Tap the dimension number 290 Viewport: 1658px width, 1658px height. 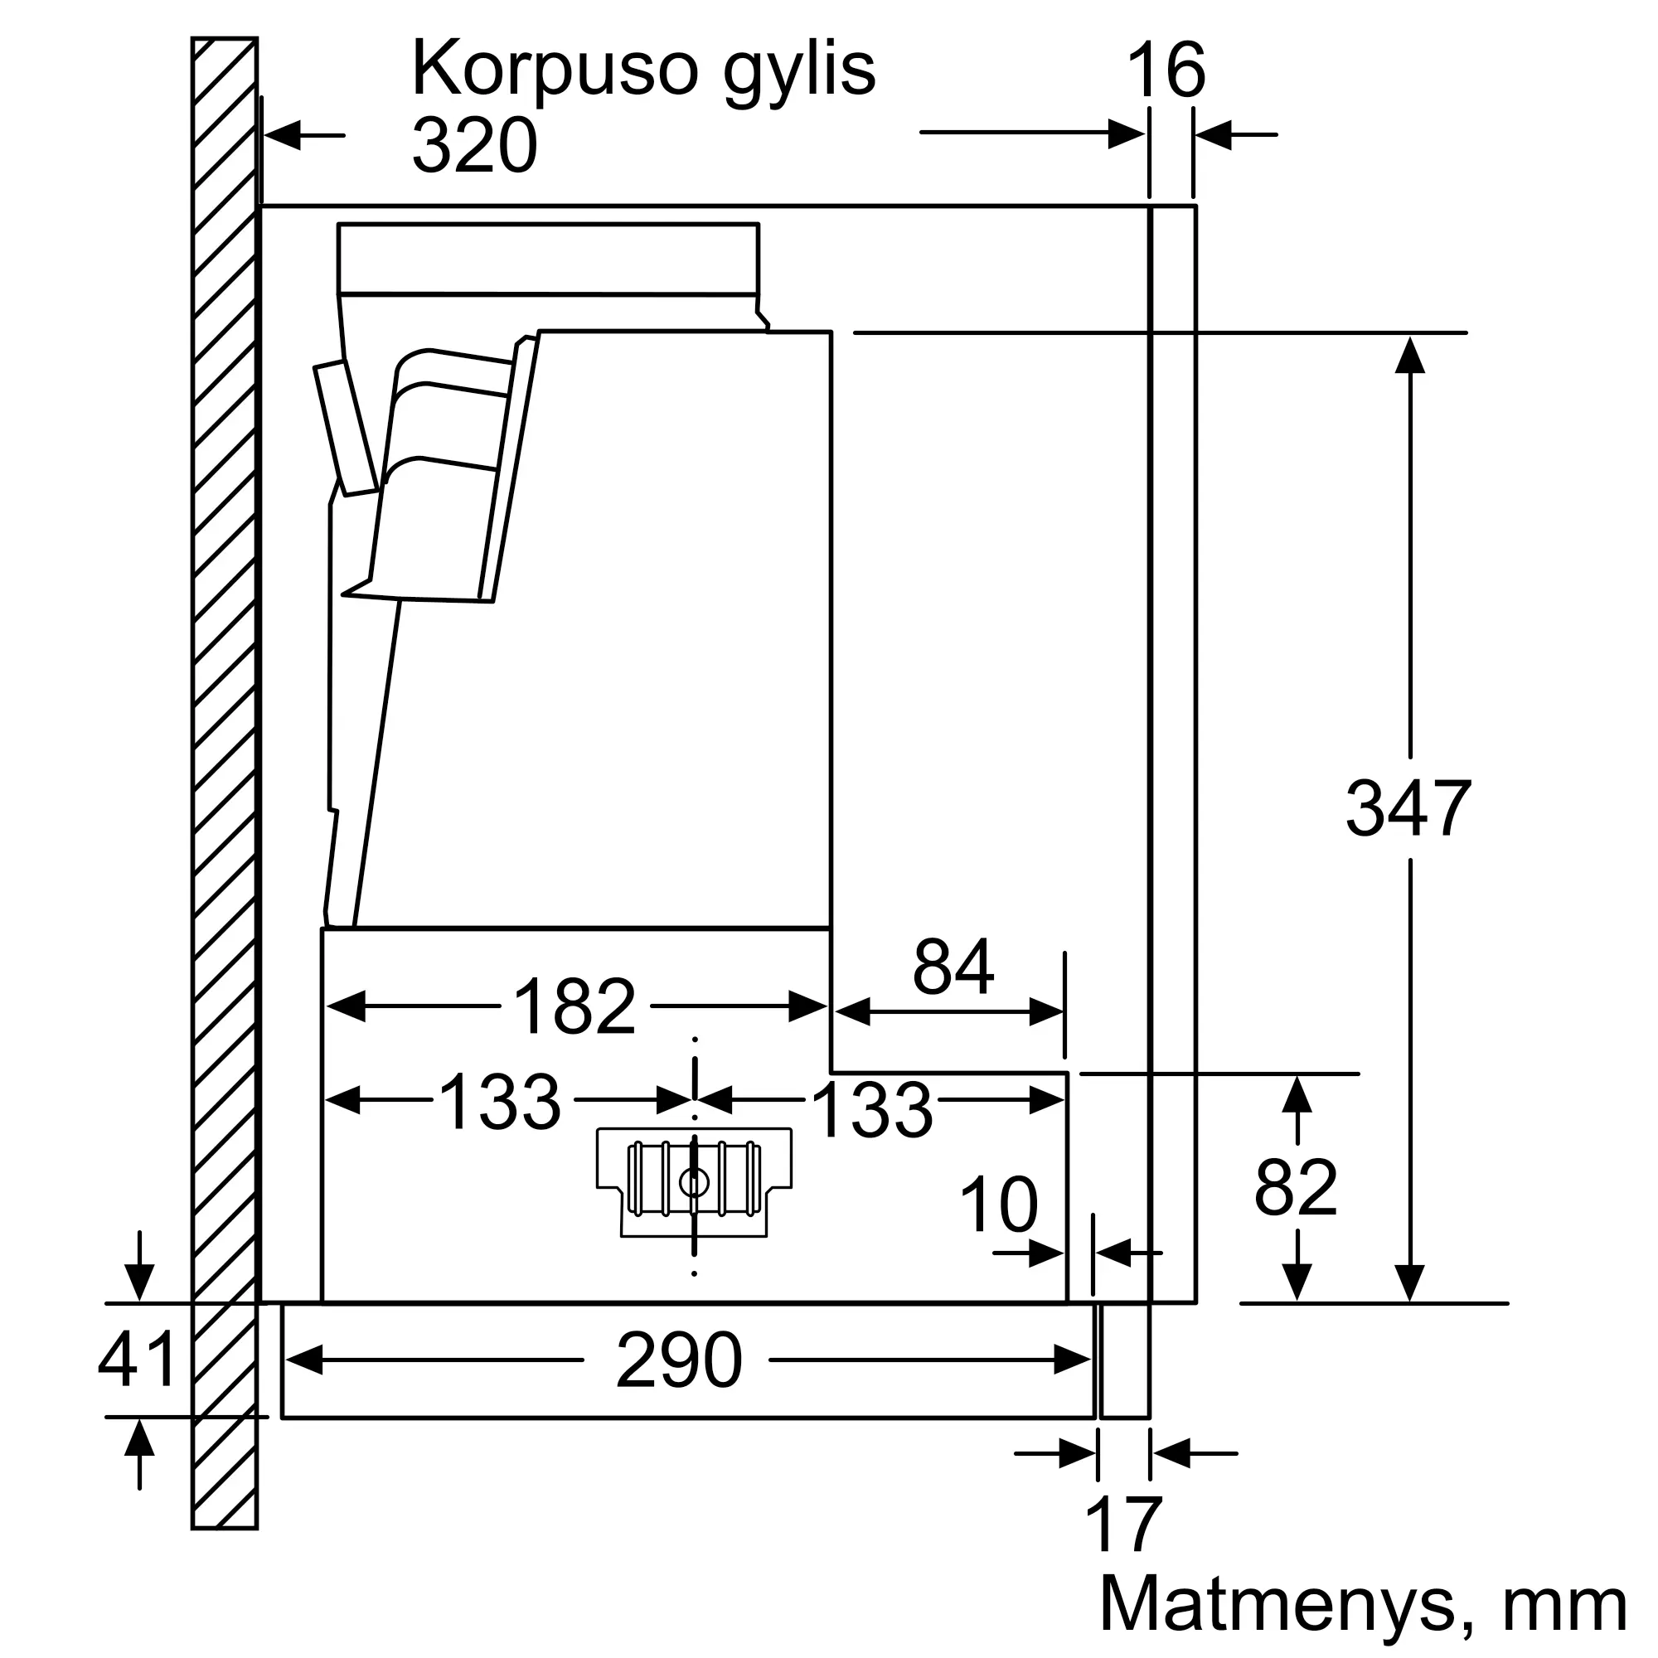click(x=679, y=1360)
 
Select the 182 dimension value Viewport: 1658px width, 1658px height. click(x=574, y=1006)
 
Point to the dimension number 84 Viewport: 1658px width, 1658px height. click(x=953, y=967)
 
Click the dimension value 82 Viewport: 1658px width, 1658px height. click(x=1296, y=1188)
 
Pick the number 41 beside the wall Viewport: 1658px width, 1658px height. click(x=138, y=1360)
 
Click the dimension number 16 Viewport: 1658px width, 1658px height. click(x=1166, y=71)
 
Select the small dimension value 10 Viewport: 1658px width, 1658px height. click(x=998, y=1205)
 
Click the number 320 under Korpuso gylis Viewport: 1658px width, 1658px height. click(x=474, y=144)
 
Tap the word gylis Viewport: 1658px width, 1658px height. click(x=800, y=73)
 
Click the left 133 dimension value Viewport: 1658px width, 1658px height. click(x=499, y=1102)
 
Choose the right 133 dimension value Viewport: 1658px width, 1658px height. click(x=872, y=1111)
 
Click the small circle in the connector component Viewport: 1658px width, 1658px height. click(x=693, y=1183)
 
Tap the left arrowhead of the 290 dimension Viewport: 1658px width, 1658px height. click(x=303, y=1360)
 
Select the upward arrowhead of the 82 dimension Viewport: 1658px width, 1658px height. click(x=1296, y=1095)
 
